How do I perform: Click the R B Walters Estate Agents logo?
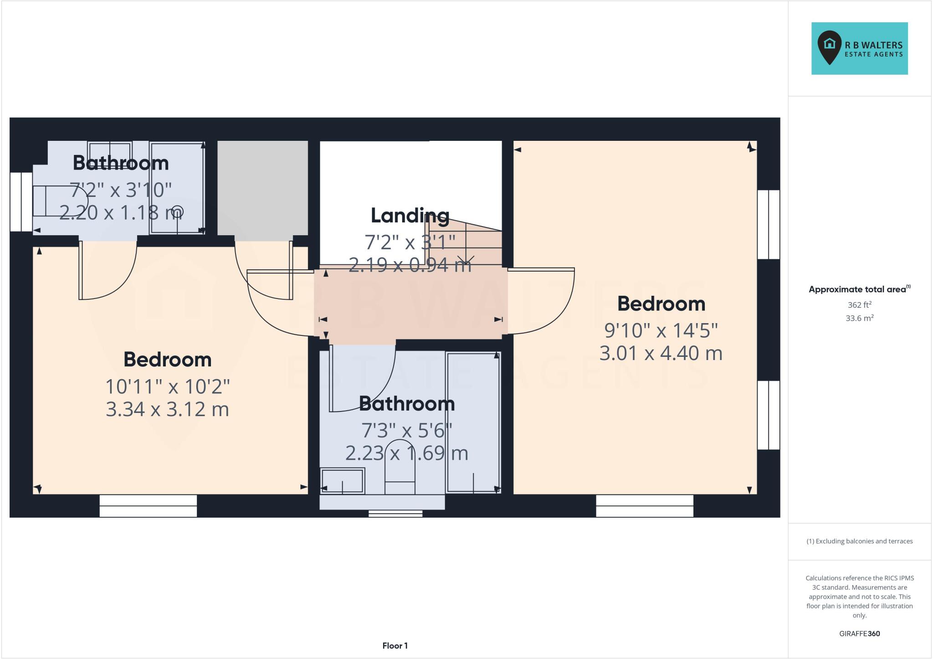859,48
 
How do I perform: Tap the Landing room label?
410,216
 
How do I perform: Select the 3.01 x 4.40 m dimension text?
661,353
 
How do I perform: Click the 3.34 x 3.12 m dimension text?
167,409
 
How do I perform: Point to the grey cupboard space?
262,187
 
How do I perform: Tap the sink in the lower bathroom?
343,480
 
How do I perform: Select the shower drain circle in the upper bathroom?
178,211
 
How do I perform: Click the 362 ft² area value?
859,305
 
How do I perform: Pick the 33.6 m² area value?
859,318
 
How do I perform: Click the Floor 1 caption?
395,646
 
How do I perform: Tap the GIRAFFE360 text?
859,633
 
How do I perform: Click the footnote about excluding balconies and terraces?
859,541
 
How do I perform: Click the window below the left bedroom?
148,506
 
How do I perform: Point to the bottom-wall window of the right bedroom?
644,506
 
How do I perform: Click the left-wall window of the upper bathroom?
21,201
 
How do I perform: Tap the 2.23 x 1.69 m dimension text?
406,453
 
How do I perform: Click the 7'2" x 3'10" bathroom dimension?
121,190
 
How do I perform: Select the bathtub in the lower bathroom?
473,422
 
